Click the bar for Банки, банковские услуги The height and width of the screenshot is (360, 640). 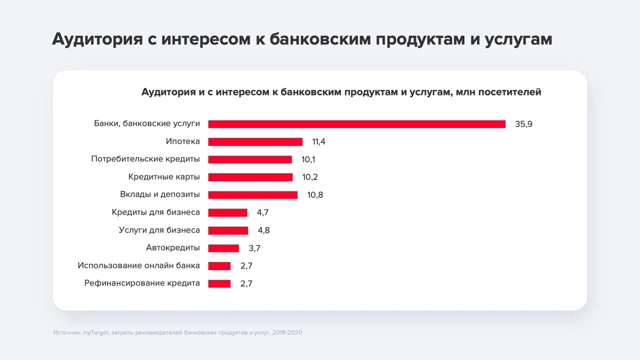(x=356, y=124)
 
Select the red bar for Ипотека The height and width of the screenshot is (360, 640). (x=255, y=141)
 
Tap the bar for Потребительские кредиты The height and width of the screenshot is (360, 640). (x=250, y=159)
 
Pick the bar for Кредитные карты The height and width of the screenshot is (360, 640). (x=250, y=177)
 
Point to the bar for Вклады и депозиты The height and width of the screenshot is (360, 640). (x=252, y=195)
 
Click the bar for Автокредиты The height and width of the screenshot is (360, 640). (x=223, y=248)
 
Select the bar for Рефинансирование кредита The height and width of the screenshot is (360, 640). (x=219, y=283)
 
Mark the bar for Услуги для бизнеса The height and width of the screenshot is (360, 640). (x=228, y=230)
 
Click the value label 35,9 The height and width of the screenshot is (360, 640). (x=523, y=124)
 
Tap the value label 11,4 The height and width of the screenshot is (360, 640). (x=319, y=141)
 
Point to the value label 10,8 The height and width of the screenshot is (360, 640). (x=315, y=195)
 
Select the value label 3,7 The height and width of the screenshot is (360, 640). (x=254, y=248)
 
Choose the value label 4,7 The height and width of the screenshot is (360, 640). (x=263, y=212)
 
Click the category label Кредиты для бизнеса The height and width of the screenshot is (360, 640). (x=155, y=212)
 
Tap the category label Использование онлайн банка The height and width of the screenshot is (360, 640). (x=138, y=265)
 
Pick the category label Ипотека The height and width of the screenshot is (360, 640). (x=182, y=141)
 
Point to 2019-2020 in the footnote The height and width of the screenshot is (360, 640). (x=287, y=332)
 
